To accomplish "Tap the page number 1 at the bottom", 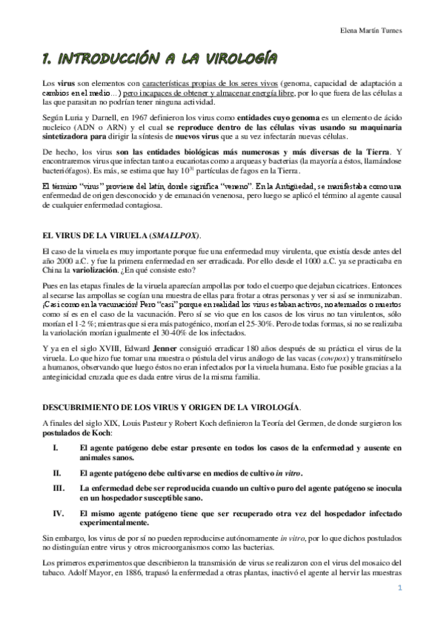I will tap(400, 590).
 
